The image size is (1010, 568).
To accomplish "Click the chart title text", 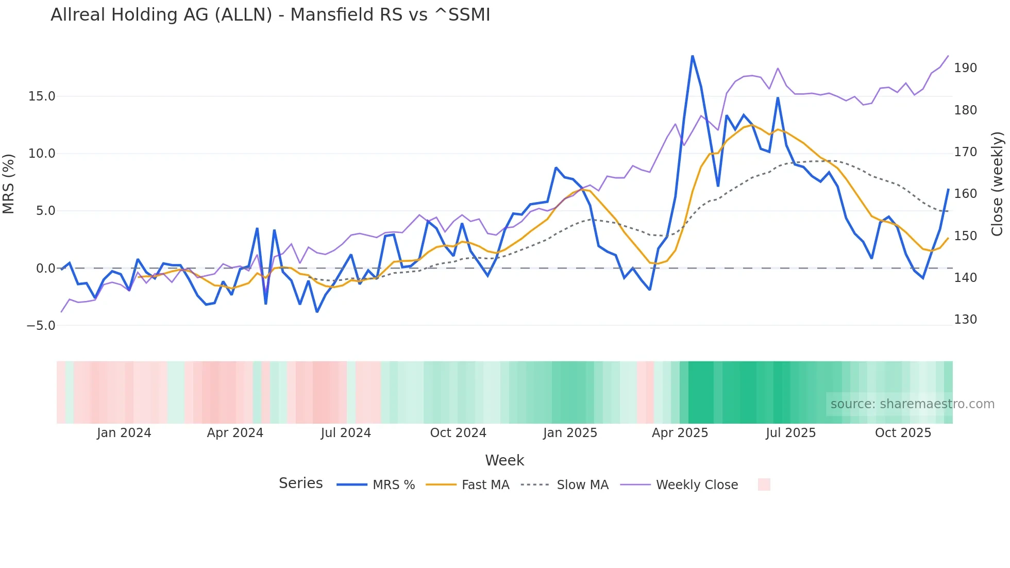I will pyautogui.click(x=270, y=15).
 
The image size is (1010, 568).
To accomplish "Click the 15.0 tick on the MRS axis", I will pyautogui.click(x=42, y=96).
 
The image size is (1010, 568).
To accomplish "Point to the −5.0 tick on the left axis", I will pyautogui.click(x=41, y=326).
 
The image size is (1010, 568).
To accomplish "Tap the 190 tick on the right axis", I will pyautogui.click(x=965, y=68).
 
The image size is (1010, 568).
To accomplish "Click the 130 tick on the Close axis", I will pyautogui.click(x=965, y=320).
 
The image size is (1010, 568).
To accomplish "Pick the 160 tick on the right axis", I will pyautogui.click(x=965, y=194).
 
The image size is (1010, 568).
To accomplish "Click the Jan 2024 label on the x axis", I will pyautogui.click(x=124, y=433).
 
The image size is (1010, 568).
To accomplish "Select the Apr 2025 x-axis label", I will pyautogui.click(x=680, y=433).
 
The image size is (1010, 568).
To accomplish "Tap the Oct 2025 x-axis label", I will pyautogui.click(x=903, y=433).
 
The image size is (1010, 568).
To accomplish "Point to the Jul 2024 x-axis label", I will pyautogui.click(x=345, y=433).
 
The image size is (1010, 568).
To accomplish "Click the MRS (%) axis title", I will pyautogui.click(x=8, y=184).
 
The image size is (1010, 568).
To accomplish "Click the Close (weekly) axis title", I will pyautogui.click(x=998, y=184).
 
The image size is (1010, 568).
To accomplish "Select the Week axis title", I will pyautogui.click(x=504, y=460).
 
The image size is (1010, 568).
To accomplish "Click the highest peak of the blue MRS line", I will pyautogui.click(x=693, y=56).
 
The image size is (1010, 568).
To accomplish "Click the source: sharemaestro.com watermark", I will pyautogui.click(x=912, y=404).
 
